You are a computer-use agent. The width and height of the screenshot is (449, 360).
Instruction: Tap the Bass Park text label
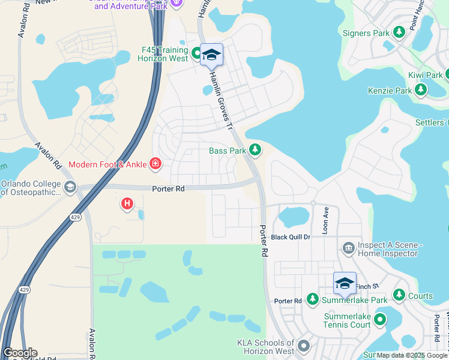point(227,151)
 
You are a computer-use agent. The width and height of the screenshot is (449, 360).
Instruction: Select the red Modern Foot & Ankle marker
point(155,164)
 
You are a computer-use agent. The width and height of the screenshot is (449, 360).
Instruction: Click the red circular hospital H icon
point(127,204)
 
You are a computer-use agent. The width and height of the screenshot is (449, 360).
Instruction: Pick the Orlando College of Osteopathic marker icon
point(71,187)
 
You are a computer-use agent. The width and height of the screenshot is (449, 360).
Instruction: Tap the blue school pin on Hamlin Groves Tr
point(211,55)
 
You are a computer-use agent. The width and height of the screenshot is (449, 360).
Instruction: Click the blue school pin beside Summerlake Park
point(345,283)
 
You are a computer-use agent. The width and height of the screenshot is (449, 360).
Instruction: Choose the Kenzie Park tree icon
point(421,91)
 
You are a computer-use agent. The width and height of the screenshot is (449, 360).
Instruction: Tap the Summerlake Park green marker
point(312,299)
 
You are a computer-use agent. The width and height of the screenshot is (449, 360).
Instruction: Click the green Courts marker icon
point(399,295)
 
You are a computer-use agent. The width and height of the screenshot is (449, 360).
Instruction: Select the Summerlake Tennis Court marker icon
point(379,320)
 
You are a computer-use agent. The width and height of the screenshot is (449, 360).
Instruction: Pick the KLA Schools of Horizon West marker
point(304,346)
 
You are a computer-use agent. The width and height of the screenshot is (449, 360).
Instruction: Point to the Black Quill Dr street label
point(291,237)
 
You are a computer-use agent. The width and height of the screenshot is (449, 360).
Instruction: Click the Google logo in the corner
point(19,353)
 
